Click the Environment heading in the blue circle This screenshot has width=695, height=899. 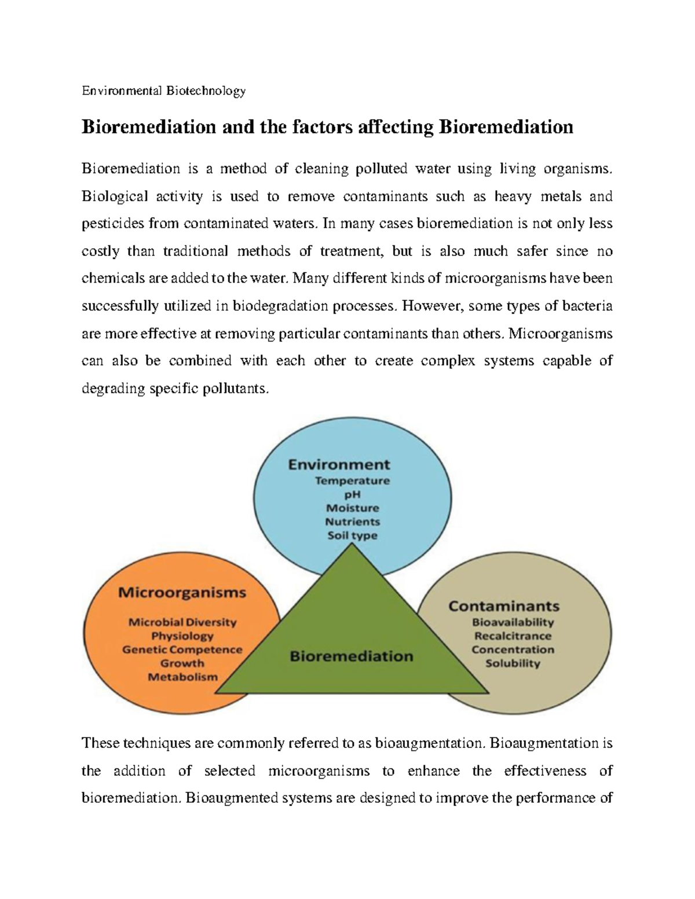point(339,464)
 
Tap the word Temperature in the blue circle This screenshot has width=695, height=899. point(352,480)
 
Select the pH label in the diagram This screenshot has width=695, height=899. point(352,494)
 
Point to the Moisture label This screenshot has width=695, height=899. point(352,508)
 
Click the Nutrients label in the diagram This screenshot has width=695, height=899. point(352,522)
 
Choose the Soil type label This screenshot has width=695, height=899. point(352,535)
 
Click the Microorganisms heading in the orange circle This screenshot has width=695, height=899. point(182,593)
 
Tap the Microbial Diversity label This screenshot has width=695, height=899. point(182,622)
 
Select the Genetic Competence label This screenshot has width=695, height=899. point(182,650)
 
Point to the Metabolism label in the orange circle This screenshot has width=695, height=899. point(182,677)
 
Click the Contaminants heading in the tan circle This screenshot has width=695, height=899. point(504,606)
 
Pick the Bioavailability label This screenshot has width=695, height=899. point(513,622)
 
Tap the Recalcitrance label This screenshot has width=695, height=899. point(513,636)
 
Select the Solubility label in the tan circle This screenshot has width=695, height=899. point(513,663)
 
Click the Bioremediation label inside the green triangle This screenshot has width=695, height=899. point(351,656)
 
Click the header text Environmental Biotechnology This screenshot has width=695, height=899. point(164,90)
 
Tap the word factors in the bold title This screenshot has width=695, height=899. point(317,127)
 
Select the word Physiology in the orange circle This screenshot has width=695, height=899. point(182,636)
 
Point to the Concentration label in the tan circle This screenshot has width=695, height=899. point(513,650)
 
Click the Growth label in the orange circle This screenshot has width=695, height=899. point(182,663)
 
